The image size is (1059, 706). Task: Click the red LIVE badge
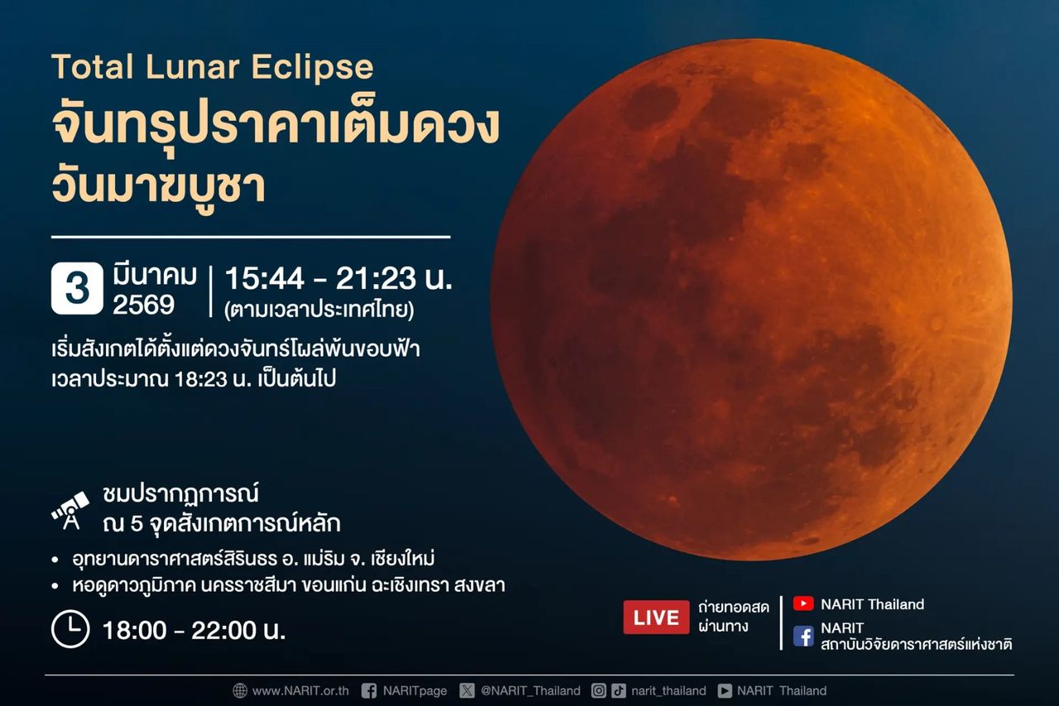pos(656,617)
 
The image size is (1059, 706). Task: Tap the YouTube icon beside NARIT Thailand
pos(803,604)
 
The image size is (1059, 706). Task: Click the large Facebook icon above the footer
pos(803,636)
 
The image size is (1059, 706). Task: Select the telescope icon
pos(70,509)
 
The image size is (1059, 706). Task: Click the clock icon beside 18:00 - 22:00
pos(70,629)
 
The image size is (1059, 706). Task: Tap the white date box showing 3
pos(77,288)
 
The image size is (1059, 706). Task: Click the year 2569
pos(144,305)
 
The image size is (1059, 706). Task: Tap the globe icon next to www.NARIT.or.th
pos(240,690)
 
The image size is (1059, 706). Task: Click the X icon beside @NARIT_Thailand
pos(467,690)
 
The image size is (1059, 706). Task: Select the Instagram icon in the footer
pos(599,690)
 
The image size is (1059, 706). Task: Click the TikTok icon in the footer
pos(619,690)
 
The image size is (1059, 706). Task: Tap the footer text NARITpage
pos(414,690)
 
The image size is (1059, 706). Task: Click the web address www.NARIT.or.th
pos(300,690)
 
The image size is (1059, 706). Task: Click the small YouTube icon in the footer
pos(725,690)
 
